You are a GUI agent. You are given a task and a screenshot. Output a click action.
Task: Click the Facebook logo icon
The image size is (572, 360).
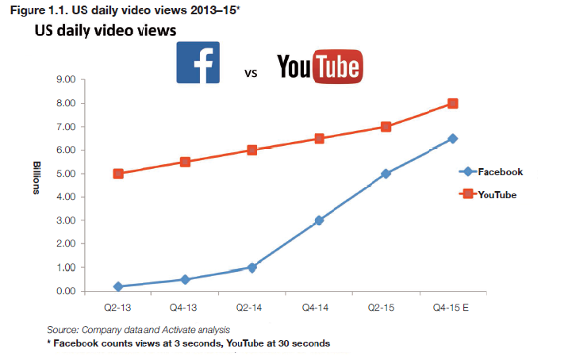(x=198, y=63)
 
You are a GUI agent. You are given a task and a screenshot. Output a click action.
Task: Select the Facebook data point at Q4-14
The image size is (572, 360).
(x=319, y=220)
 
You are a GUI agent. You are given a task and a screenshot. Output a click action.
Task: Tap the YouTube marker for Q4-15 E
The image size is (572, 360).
(x=453, y=104)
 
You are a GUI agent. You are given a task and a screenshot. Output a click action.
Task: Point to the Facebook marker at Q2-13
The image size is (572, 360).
(x=118, y=286)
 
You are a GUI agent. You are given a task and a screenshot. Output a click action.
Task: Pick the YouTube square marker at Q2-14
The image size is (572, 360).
(x=251, y=150)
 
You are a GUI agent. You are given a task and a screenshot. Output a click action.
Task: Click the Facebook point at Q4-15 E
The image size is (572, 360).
(x=453, y=139)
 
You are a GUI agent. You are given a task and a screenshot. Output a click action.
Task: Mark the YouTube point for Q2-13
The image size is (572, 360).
(x=118, y=174)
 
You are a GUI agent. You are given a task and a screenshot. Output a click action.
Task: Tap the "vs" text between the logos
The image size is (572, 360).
(x=250, y=74)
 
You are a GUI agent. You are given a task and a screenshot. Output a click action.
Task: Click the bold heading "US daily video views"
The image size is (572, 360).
(x=105, y=30)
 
